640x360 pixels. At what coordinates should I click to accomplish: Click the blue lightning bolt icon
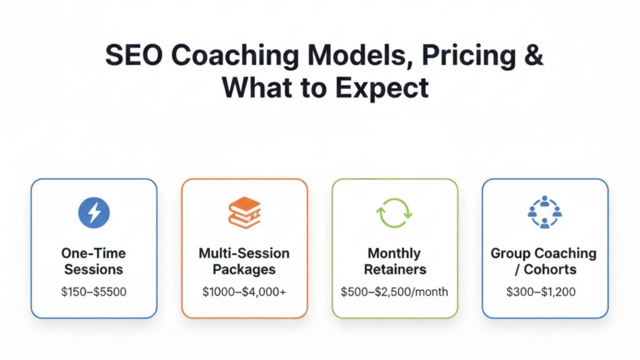click(94, 213)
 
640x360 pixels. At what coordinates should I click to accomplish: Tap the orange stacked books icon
click(244, 213)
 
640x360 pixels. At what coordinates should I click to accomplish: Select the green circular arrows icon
click(394, 213)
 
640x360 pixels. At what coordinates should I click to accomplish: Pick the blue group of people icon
click(545, 213)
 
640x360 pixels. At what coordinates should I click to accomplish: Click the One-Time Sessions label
click(94, 262)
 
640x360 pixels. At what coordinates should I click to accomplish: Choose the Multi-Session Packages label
click(244, 262)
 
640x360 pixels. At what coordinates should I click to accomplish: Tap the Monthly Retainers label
click(394, 262)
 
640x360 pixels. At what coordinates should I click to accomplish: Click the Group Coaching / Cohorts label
click(544, 262)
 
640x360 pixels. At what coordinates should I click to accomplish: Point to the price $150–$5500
click(94, 291)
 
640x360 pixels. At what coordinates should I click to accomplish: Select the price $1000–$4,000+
click(244, 291)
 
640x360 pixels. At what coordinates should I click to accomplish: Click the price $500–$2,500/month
click(394, 291)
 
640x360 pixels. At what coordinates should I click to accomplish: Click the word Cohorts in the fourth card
click(551, 270)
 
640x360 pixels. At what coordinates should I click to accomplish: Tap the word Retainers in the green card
click(394, 270)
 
